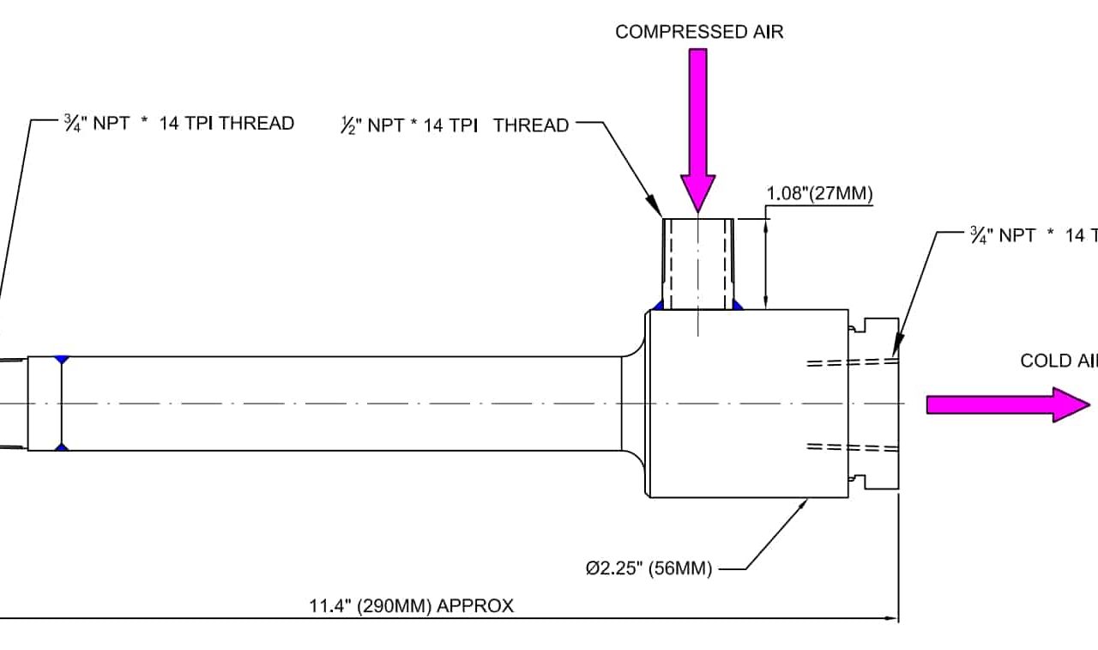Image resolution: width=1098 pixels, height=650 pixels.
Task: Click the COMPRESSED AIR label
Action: click(699, 33)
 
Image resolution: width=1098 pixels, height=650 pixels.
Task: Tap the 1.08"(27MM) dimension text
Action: click(819, 194)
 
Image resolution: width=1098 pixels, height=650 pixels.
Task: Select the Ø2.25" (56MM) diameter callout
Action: click(649, 568)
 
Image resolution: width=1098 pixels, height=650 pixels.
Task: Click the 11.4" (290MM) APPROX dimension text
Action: click(411, 606)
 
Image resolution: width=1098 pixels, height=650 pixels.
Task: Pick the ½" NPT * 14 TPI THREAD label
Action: click(455, 125)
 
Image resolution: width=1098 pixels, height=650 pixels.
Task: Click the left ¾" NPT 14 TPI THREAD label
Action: click(178, 123)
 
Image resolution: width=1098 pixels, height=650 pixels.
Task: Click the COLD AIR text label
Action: click(1059, 361)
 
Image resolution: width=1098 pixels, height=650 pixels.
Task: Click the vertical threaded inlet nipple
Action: click(698, 263)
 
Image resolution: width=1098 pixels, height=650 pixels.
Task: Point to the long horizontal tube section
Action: click(343, 404)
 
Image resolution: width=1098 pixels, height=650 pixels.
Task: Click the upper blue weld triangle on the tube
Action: click(61, 360)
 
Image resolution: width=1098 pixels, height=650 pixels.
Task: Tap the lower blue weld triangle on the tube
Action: click(61, 446)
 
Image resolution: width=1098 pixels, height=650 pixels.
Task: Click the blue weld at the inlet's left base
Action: click(658, 305)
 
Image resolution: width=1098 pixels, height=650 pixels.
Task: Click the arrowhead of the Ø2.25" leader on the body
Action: click(806, 501)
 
